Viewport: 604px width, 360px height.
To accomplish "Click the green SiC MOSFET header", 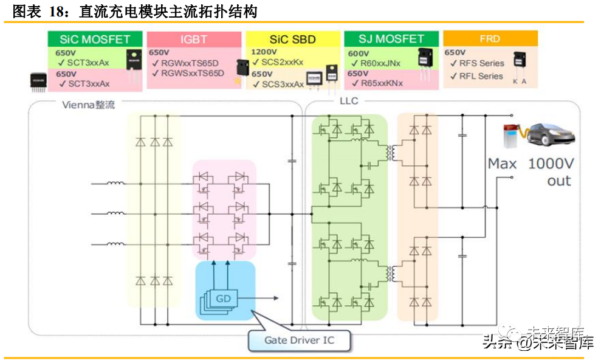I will pos(95,40).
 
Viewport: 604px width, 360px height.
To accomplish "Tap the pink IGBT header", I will pos(193,40).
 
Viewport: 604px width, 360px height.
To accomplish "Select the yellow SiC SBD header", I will pos(293,40).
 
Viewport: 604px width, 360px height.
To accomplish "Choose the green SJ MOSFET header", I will pos(391,40).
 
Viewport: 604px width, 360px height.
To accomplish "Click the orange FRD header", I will pos(490,39).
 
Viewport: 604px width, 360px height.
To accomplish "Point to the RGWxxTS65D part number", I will pos(190,63).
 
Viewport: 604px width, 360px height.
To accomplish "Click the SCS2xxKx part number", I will pos(281,62).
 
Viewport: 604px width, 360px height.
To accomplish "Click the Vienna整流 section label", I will pos(87,105).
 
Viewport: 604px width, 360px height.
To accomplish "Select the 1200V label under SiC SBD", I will pos(264,52).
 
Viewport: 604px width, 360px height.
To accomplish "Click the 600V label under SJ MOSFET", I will pos(359,53).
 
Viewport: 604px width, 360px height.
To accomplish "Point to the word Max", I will pos(503,164).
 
